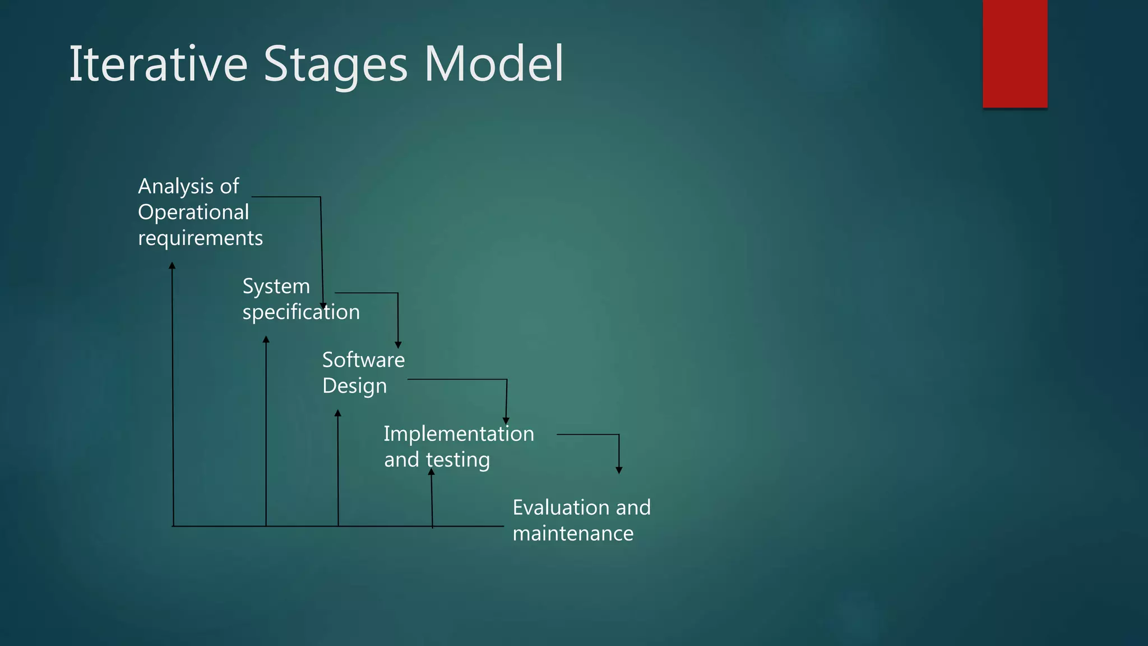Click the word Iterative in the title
click(x=158, y=64)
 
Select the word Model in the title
click(x=493, y=64)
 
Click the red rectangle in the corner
click(x=1015, y=53)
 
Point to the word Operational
click(x=193, y=213)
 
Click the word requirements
click(x=200, y=238)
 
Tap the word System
click(x=276, y=287)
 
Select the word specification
click(x=301, y=312)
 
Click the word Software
click(x=363, y=360)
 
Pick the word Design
click(x=354, y=386)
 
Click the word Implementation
click(x=459, y=434)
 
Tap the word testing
click(x=457, y=460)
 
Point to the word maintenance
click(x=573, y=533)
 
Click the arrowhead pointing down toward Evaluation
click(x=619, y=470)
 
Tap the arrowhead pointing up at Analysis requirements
click(x=172, y=266)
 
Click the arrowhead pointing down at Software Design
click(x=398, y=345)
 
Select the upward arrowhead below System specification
click(x=266, y=339)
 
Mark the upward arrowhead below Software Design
click(x=337, y=413)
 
